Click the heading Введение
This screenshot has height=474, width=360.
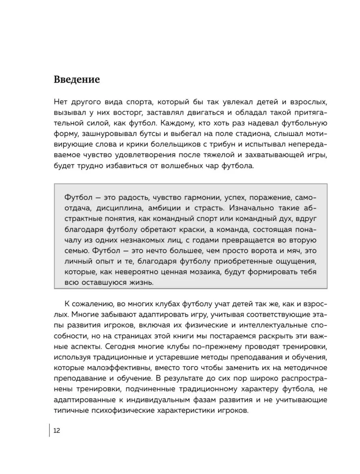pos(76,79)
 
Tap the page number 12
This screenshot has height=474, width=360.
pos(56,430)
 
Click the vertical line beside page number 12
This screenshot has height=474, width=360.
pos(50,430)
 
